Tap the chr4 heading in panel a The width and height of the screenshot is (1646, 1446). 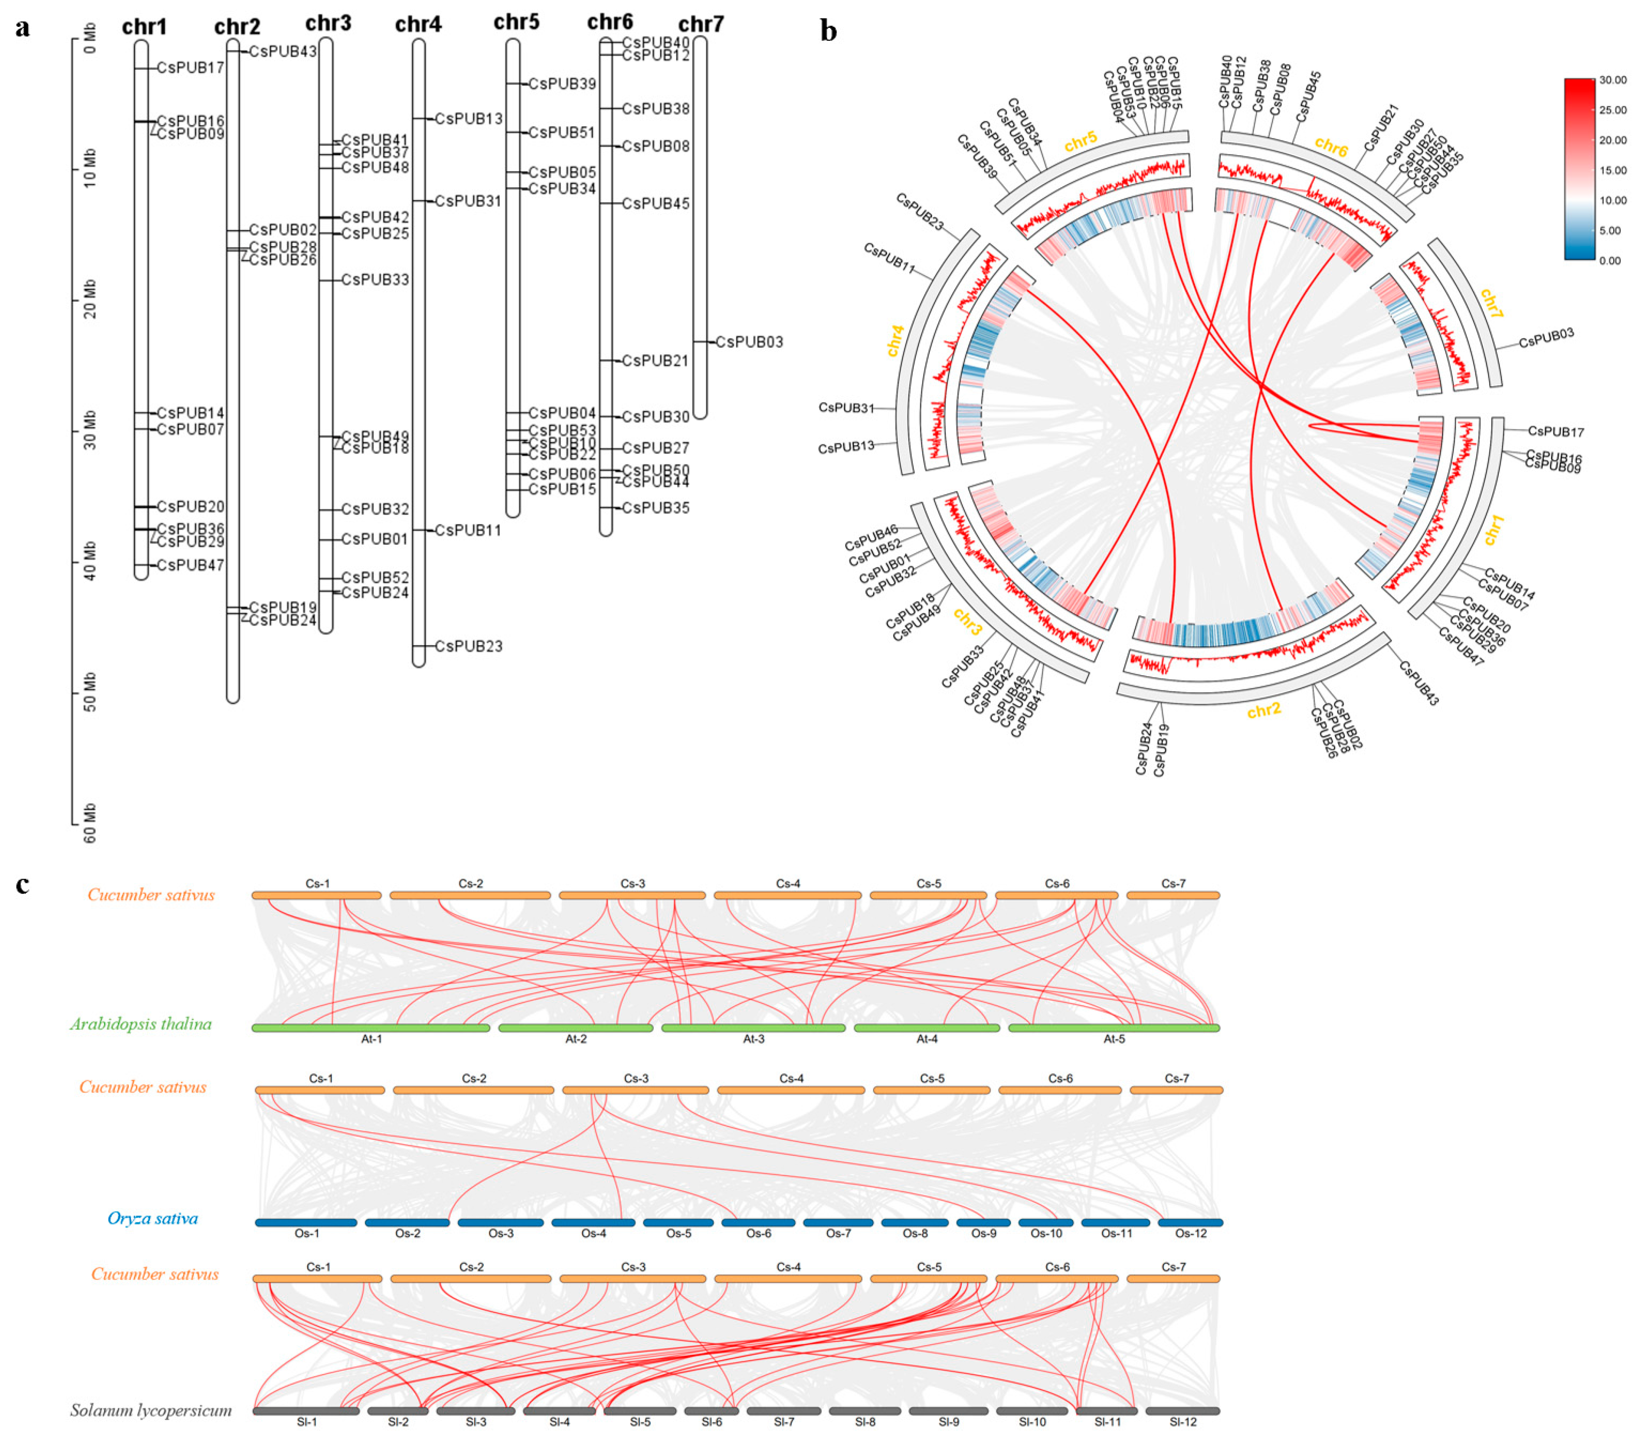tap(418, 25)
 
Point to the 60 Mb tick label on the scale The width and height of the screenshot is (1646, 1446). tap(89, 822)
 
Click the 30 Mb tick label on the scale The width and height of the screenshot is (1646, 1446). tap(89, 430)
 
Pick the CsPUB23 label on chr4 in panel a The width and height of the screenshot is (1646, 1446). tap(469, 646)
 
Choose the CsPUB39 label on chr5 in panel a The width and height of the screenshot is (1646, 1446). tap(562, 84)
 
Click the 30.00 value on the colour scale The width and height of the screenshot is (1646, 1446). tap(1613, 80)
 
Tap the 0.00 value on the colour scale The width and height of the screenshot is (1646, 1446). tap(1610, 260)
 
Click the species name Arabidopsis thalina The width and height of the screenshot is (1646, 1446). tap(141, 1024)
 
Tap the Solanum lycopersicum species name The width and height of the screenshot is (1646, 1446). tap(150, 1410)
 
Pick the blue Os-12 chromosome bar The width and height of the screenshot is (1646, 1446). tap(1190, 1222)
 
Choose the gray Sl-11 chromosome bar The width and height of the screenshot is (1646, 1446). tap(1106, 1410)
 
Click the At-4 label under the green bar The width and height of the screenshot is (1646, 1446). tap(927, 1039)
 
